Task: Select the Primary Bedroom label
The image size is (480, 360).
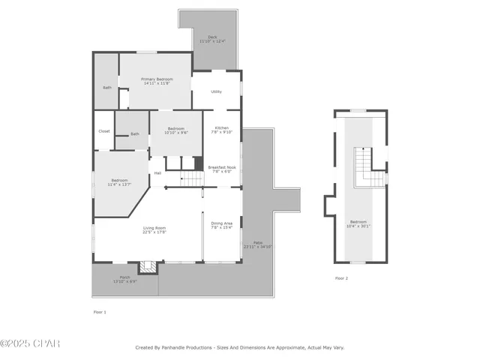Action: (157, 81)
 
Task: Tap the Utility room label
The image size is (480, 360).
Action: (216, 91)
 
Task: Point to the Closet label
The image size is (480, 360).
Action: (103, 131)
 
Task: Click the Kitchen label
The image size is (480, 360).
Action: (222, 130)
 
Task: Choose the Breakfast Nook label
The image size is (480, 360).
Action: (222, 169)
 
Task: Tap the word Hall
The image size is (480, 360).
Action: (157, 173)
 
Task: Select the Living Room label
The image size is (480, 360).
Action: (155, 229)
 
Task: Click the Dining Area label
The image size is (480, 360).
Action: (222, 225)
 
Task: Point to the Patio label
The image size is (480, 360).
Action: (257, 244)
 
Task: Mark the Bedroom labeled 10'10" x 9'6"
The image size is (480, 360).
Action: (176, 130)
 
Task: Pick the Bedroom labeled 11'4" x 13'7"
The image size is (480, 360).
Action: (120, 182)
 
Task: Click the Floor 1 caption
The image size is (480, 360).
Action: (100, 311)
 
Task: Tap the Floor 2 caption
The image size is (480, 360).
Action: (341, 278)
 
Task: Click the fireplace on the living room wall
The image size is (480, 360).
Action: (148, 265)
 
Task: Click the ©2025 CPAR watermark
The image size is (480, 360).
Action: (30, 343)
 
